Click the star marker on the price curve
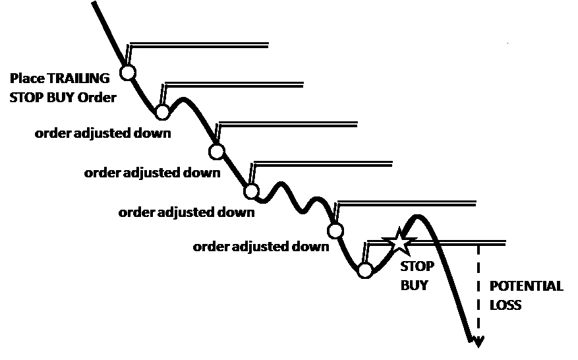pyautogui.click(x=399, y=242)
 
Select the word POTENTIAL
pyautogui.click(x=526, y=286)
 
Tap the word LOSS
pyautogui.click(x=506, y=305)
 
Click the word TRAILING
pyautogui.click(x=78, y=78)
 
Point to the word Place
pyautogui.click(x=27, y=78)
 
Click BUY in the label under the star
pyautogui.click(x=415, y=285)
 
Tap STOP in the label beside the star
pyautogui.click(x=417, y=266)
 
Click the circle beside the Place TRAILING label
pyautogui.click(x=128, y=73)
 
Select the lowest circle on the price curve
pyautogui.click(x=365, y=270)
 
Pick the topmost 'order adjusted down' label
pyautogui.click(x=103, y=133)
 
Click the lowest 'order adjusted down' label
pyautogui.click(x=261, y=247)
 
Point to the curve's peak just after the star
pyautogui.click(x=417, y=216)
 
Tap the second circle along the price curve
pyautogui.click(x=162, y=111)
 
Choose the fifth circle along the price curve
pyautogui.click(x=335, y=231)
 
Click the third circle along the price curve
pyautogui.click(x=216, y=151)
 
